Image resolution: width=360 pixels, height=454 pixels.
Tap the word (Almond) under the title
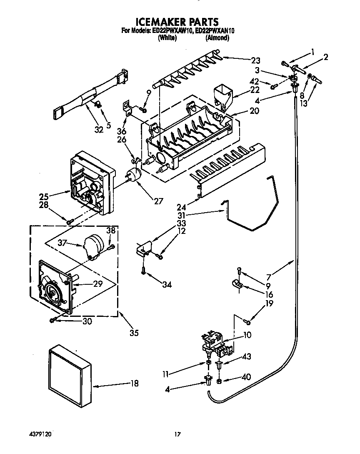pyautogui.click(x=217, y=38)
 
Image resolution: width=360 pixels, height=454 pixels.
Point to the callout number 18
pyautogui.click(x=134, y=384)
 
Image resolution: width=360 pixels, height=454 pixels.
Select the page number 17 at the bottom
pyautogui.click(x=177, y=434)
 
